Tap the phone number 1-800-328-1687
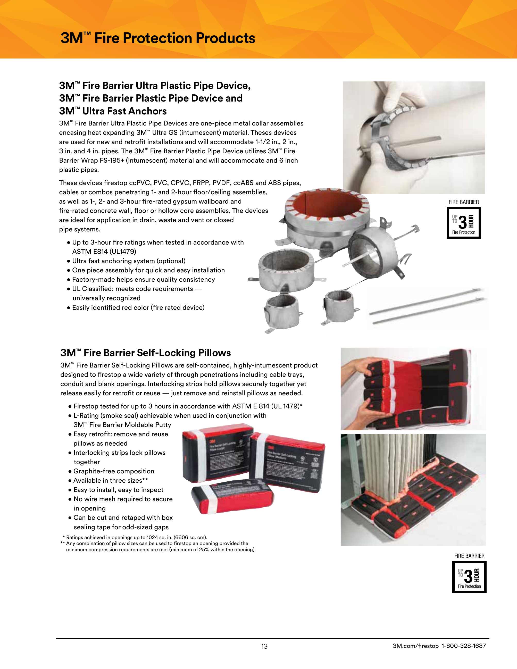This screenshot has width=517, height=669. (463, 646)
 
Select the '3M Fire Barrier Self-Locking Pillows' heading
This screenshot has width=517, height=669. (145, 353)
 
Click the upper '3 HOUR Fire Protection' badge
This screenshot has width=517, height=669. (463, 223)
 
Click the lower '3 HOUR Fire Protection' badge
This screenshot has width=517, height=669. (469, 577)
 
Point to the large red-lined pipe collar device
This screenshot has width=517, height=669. (326, 214)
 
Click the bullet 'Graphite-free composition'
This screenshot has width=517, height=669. (114, 471)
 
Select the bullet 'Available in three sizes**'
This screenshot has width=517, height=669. (111, 480)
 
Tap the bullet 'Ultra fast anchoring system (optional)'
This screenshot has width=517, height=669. (129, 261)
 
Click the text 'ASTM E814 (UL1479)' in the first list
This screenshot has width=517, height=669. (104, 252)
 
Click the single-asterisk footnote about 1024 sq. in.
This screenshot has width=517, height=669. (135, 537)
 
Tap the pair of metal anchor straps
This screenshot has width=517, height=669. (427, 306)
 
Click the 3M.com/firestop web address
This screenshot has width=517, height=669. (416, 646)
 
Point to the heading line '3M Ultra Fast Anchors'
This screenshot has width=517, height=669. (113, 111)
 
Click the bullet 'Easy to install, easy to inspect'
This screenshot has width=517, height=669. (118, 490)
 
